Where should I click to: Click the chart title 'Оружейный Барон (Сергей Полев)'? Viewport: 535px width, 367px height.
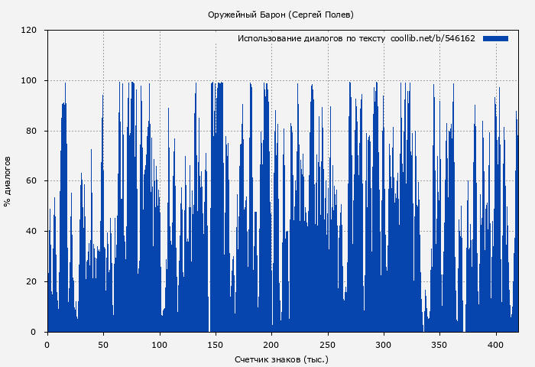point(280,15)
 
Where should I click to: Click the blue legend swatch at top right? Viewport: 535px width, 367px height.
point(495,38)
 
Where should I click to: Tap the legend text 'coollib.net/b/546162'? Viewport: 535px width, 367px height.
point(433,38)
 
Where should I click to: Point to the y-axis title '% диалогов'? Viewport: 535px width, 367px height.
point(8,181)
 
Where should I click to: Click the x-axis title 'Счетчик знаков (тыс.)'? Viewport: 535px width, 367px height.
point(281,359)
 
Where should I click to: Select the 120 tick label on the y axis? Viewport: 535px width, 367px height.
point(29,31)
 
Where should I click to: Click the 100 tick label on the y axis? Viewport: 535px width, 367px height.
point(29,81)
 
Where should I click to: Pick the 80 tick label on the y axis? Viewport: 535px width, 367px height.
point(31,131)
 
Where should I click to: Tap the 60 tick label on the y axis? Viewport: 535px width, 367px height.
point(31,181)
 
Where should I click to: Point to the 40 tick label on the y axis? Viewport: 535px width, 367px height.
point(31,232)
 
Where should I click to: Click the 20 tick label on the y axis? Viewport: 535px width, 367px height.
point(31,281)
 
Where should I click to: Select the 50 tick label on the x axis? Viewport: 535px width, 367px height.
point(103,344)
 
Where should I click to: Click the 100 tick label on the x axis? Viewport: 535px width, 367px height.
point(159,344)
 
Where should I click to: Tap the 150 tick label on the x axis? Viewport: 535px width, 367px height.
point(216,344)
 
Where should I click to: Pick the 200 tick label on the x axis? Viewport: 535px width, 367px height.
point(271,344)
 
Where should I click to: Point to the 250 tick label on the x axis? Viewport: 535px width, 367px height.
point(328,344)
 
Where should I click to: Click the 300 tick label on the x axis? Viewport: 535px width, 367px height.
point(384,344)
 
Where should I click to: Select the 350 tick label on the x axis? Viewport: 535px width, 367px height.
point(439,344)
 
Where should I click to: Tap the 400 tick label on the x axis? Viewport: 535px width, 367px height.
point(496,344)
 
